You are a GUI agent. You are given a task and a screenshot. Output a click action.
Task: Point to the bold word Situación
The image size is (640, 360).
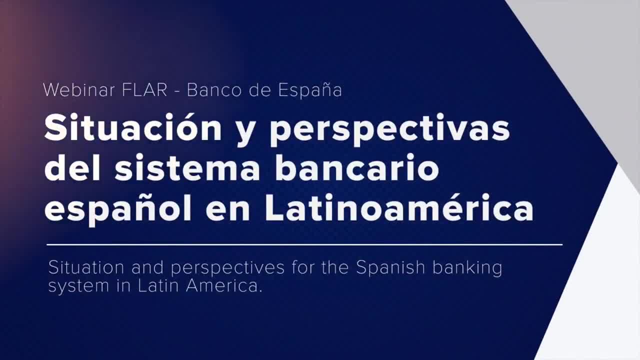pyautogui.click(x=133, y=128)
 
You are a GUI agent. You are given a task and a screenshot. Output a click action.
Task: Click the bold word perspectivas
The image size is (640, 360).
pyautogui.click(x=389, y=130)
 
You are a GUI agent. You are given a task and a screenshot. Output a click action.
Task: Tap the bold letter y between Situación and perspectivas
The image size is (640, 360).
pyautogui.click(x=245, y=132)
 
